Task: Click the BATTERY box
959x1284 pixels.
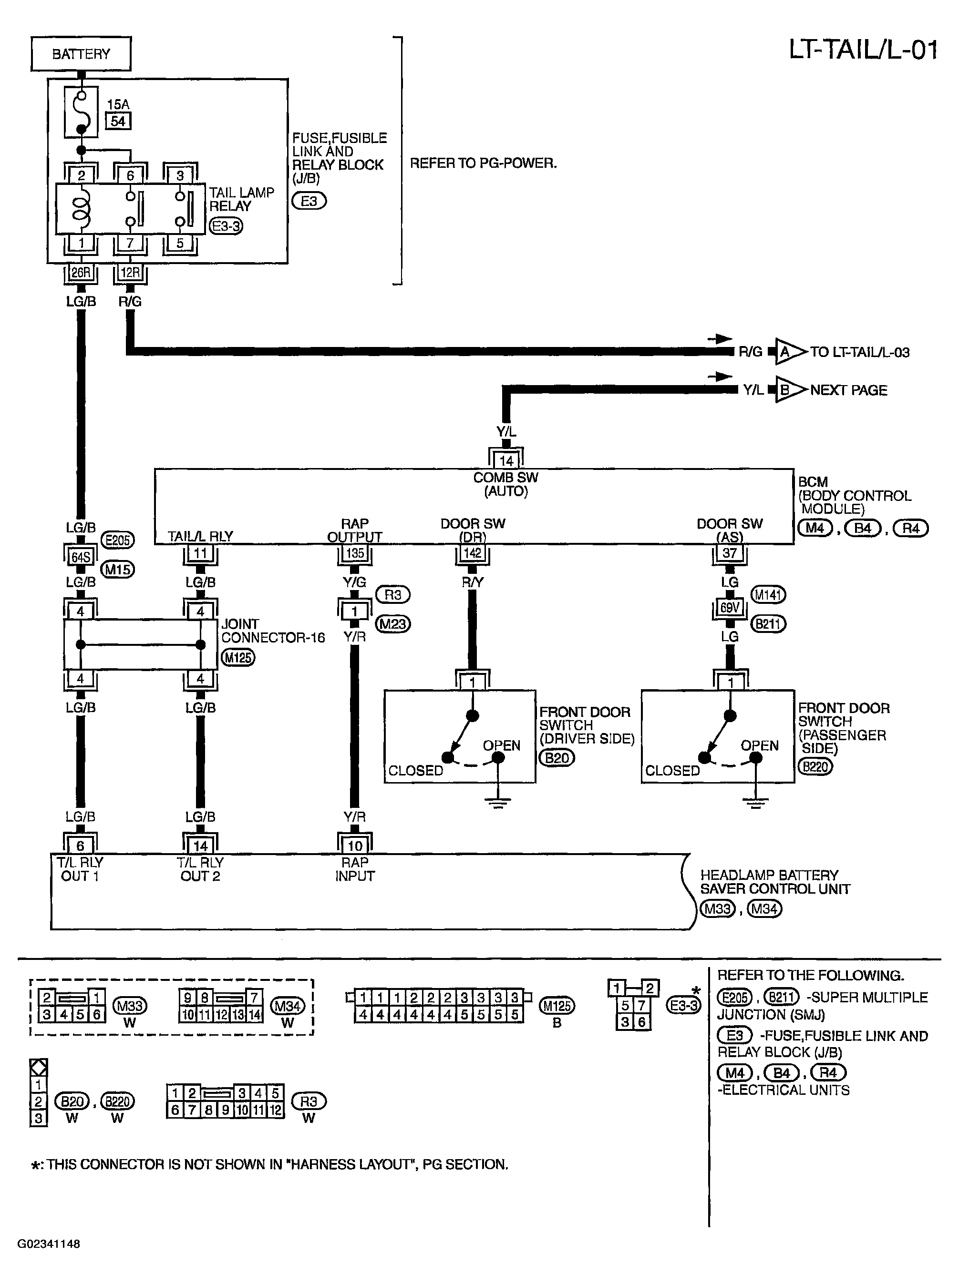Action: pos(81,54)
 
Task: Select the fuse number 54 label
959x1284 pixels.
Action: pos(118,121)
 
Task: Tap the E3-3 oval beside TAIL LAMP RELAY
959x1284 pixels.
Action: pos(226,226)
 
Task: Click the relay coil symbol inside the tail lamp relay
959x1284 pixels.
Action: pos(81,209)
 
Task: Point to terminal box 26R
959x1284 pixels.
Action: pos(81,272)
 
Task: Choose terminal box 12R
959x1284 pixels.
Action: pos(130,272)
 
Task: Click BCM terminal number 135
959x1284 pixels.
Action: pos(355,553)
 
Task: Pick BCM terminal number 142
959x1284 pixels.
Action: pos(473,553)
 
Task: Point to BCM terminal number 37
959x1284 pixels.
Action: pos(730,553)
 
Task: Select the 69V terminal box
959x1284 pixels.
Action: pos(730,608)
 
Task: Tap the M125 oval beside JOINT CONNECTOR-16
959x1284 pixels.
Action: pos(238,658)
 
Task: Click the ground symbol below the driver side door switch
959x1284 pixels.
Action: pos(498,803)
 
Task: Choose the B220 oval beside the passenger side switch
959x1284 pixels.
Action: pos(815,766)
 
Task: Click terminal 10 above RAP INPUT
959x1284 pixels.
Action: pos(355,846)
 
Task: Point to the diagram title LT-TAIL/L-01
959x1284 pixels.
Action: pos(863,50)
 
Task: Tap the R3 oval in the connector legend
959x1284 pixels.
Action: pos(309,1101)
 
